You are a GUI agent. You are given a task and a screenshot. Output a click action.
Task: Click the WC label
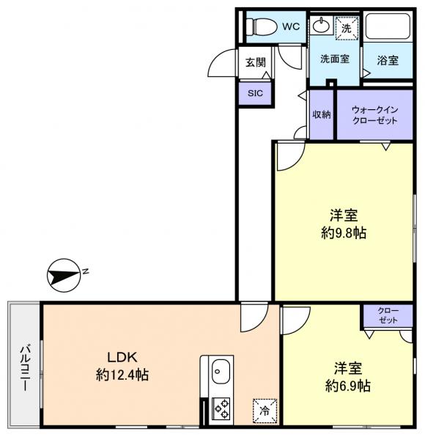[x=291, y=26]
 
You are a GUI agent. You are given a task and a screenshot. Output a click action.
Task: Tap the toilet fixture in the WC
[x=260, y=27]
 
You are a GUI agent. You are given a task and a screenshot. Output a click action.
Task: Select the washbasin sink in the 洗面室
[x=321, y=26]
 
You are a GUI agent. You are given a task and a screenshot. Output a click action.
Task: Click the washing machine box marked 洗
[x=347, y=28]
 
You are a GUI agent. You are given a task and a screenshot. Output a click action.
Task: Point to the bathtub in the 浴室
[x=388, y=26]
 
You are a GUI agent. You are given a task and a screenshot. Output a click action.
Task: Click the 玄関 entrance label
[x=256, y=62]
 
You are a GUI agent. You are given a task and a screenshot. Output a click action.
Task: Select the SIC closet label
[x=255, y=93]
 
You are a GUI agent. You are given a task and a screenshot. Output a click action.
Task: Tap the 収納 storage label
[x=322, y=114]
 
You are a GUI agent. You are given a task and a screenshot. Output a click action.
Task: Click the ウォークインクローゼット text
[x=375, y=115]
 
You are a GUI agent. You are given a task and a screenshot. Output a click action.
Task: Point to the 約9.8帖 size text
[x=344, y=233]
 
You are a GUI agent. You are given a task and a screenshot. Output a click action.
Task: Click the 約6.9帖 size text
[x=347, y=386]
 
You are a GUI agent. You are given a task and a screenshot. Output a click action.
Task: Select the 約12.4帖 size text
[x=122, y=375]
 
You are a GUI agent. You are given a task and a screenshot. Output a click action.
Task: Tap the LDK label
[x=122, y=358]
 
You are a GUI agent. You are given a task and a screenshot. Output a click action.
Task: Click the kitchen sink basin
[x=221, y=371]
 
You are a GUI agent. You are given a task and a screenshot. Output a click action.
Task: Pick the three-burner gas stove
[x=221, y=409]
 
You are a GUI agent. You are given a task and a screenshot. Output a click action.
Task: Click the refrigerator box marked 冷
[x=265, y=411]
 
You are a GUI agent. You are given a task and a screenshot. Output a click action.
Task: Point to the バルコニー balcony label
[x=25, y=368]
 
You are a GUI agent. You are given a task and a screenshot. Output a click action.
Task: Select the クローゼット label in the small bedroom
[x=388, y=315]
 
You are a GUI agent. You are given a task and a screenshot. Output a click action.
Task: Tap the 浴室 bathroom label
[x=388, y=60]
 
